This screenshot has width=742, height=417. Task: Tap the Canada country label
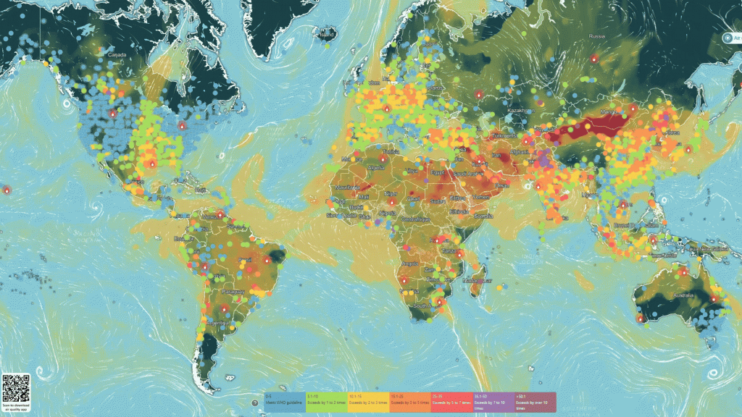[x=117, y=54]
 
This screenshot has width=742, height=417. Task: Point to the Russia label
[x=596, y=35]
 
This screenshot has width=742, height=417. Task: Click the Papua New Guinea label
[x=717, y=248]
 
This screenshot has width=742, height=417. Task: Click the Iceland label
[x=328, y=34]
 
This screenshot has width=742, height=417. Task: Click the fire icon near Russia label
[x=594, y=58]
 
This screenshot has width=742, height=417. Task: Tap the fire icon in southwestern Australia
[x=640, y=318]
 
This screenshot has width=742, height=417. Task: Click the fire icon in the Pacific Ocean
[x=7, y=190]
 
